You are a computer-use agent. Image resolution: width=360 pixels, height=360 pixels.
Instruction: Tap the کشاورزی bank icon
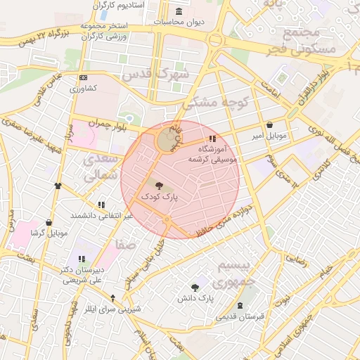(84, 77)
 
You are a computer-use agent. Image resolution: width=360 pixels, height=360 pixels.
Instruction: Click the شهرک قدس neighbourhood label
(156, 73)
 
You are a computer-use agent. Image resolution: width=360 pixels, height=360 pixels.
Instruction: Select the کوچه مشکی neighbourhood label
(217, 102)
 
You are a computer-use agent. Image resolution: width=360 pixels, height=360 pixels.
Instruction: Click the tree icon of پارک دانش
(195, 287)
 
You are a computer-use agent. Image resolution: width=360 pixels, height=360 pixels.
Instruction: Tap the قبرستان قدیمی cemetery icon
(241, 305)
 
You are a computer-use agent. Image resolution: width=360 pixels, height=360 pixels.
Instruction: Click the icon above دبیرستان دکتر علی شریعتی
(82, 258)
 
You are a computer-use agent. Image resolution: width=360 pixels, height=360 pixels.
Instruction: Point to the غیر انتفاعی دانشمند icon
(102, 205)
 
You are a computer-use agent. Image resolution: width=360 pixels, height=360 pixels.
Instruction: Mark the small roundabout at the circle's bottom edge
(167, 221)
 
